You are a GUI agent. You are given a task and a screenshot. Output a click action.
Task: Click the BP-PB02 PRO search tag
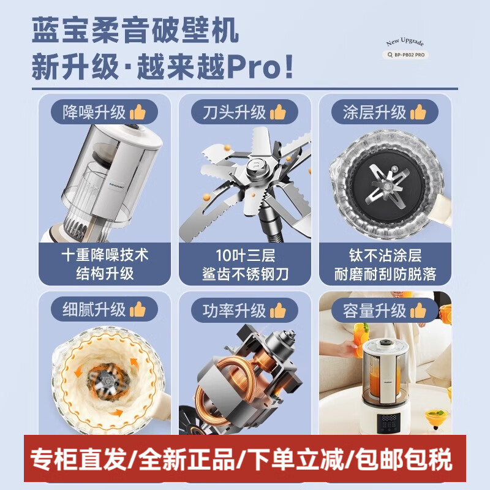pyautogui.click(x=405, y=55)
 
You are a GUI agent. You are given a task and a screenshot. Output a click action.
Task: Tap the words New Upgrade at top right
pyautogui.click(x=405, y=42)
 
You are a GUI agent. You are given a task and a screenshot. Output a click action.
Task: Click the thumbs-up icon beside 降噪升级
pyautogui.click(x=138, y=112)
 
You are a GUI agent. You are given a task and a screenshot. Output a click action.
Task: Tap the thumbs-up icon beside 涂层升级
pyautogui.click(x=418, y=112)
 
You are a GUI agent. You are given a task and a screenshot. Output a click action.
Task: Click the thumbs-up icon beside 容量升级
pyautogui.click(x=418, y=311)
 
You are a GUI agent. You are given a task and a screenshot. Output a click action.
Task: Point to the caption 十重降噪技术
pyautogui.click(x=106, y=254)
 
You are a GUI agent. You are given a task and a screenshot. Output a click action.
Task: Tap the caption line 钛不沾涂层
pyautogui.click(x=385, y=254)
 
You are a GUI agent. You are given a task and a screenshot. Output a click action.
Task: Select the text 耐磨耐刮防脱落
pyautogui.click(x=385, y=274)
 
